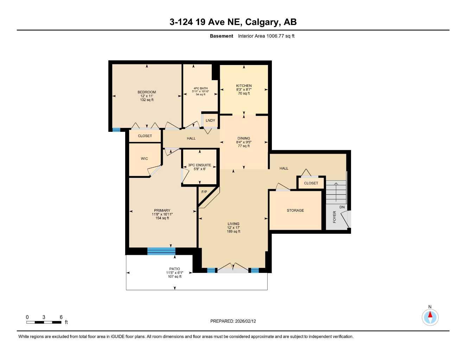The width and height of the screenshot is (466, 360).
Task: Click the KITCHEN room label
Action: [244, 86]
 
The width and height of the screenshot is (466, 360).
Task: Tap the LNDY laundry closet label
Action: [210, 121]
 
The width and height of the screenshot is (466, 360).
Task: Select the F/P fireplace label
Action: [204, 192]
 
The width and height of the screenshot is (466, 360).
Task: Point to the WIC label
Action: [144, 159]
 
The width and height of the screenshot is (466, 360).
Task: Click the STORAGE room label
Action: [295, 211]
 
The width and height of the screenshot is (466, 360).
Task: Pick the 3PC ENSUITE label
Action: [199, 165]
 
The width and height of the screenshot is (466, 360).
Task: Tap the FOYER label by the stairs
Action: [334, 217]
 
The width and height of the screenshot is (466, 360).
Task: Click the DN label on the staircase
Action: [342, 207]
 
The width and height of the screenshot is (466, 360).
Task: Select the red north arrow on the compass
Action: [430, 314]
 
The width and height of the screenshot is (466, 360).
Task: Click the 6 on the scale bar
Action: [61, 317]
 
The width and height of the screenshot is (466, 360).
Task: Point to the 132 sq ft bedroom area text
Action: [147, 100]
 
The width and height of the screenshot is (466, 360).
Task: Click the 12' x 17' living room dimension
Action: [233, 228]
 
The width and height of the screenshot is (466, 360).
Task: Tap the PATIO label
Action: [174, 269]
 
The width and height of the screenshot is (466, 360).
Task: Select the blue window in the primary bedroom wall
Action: [161, 251]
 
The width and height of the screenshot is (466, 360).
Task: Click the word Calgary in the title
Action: [261, 22]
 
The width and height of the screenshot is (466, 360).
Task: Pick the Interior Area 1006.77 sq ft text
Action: [266, 36]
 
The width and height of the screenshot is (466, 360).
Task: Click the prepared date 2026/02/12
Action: [245, 321]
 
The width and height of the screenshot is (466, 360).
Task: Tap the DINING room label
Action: [243, 139]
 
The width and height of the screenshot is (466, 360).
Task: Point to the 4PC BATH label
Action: [200, 88]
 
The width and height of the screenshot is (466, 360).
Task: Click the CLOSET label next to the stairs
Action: [311, 183]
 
